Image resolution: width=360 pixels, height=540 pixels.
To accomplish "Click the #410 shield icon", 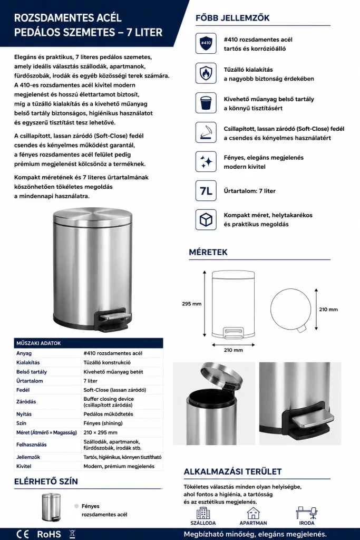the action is tap(206, 43).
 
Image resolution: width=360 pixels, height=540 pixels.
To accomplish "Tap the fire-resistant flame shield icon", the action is tap(206, 73).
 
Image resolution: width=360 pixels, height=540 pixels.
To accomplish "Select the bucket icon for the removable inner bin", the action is tap(206, 103).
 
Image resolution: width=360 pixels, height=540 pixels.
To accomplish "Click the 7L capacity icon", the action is tap(206, 190).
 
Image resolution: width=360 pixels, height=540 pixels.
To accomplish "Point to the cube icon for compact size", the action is tap(206, 219).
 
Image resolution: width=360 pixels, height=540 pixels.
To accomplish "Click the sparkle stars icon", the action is tap(206, 161).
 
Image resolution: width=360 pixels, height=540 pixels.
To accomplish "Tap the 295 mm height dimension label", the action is tap(192, 304).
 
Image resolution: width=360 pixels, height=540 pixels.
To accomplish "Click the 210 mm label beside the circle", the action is tap(328, 309).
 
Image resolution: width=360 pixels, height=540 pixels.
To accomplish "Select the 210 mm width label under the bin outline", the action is tap(233, 350).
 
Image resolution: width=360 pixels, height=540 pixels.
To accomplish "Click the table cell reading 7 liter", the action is tap(91, 381).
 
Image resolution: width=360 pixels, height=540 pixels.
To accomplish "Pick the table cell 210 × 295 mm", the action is tap(101, 432).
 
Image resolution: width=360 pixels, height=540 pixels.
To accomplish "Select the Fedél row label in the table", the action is tap(23, 390).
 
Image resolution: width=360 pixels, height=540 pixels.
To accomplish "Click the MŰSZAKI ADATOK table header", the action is tap(38, 343).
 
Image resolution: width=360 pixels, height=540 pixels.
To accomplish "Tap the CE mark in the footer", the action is tap(22, 534).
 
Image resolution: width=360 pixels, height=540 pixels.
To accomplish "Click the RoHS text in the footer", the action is tap(49, 534).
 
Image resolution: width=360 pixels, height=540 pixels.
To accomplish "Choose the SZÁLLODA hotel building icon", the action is tap(203, 513).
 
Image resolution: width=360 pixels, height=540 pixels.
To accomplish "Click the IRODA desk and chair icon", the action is tap(307, 513).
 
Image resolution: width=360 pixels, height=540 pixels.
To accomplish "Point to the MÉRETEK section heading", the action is tap(208, 252).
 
